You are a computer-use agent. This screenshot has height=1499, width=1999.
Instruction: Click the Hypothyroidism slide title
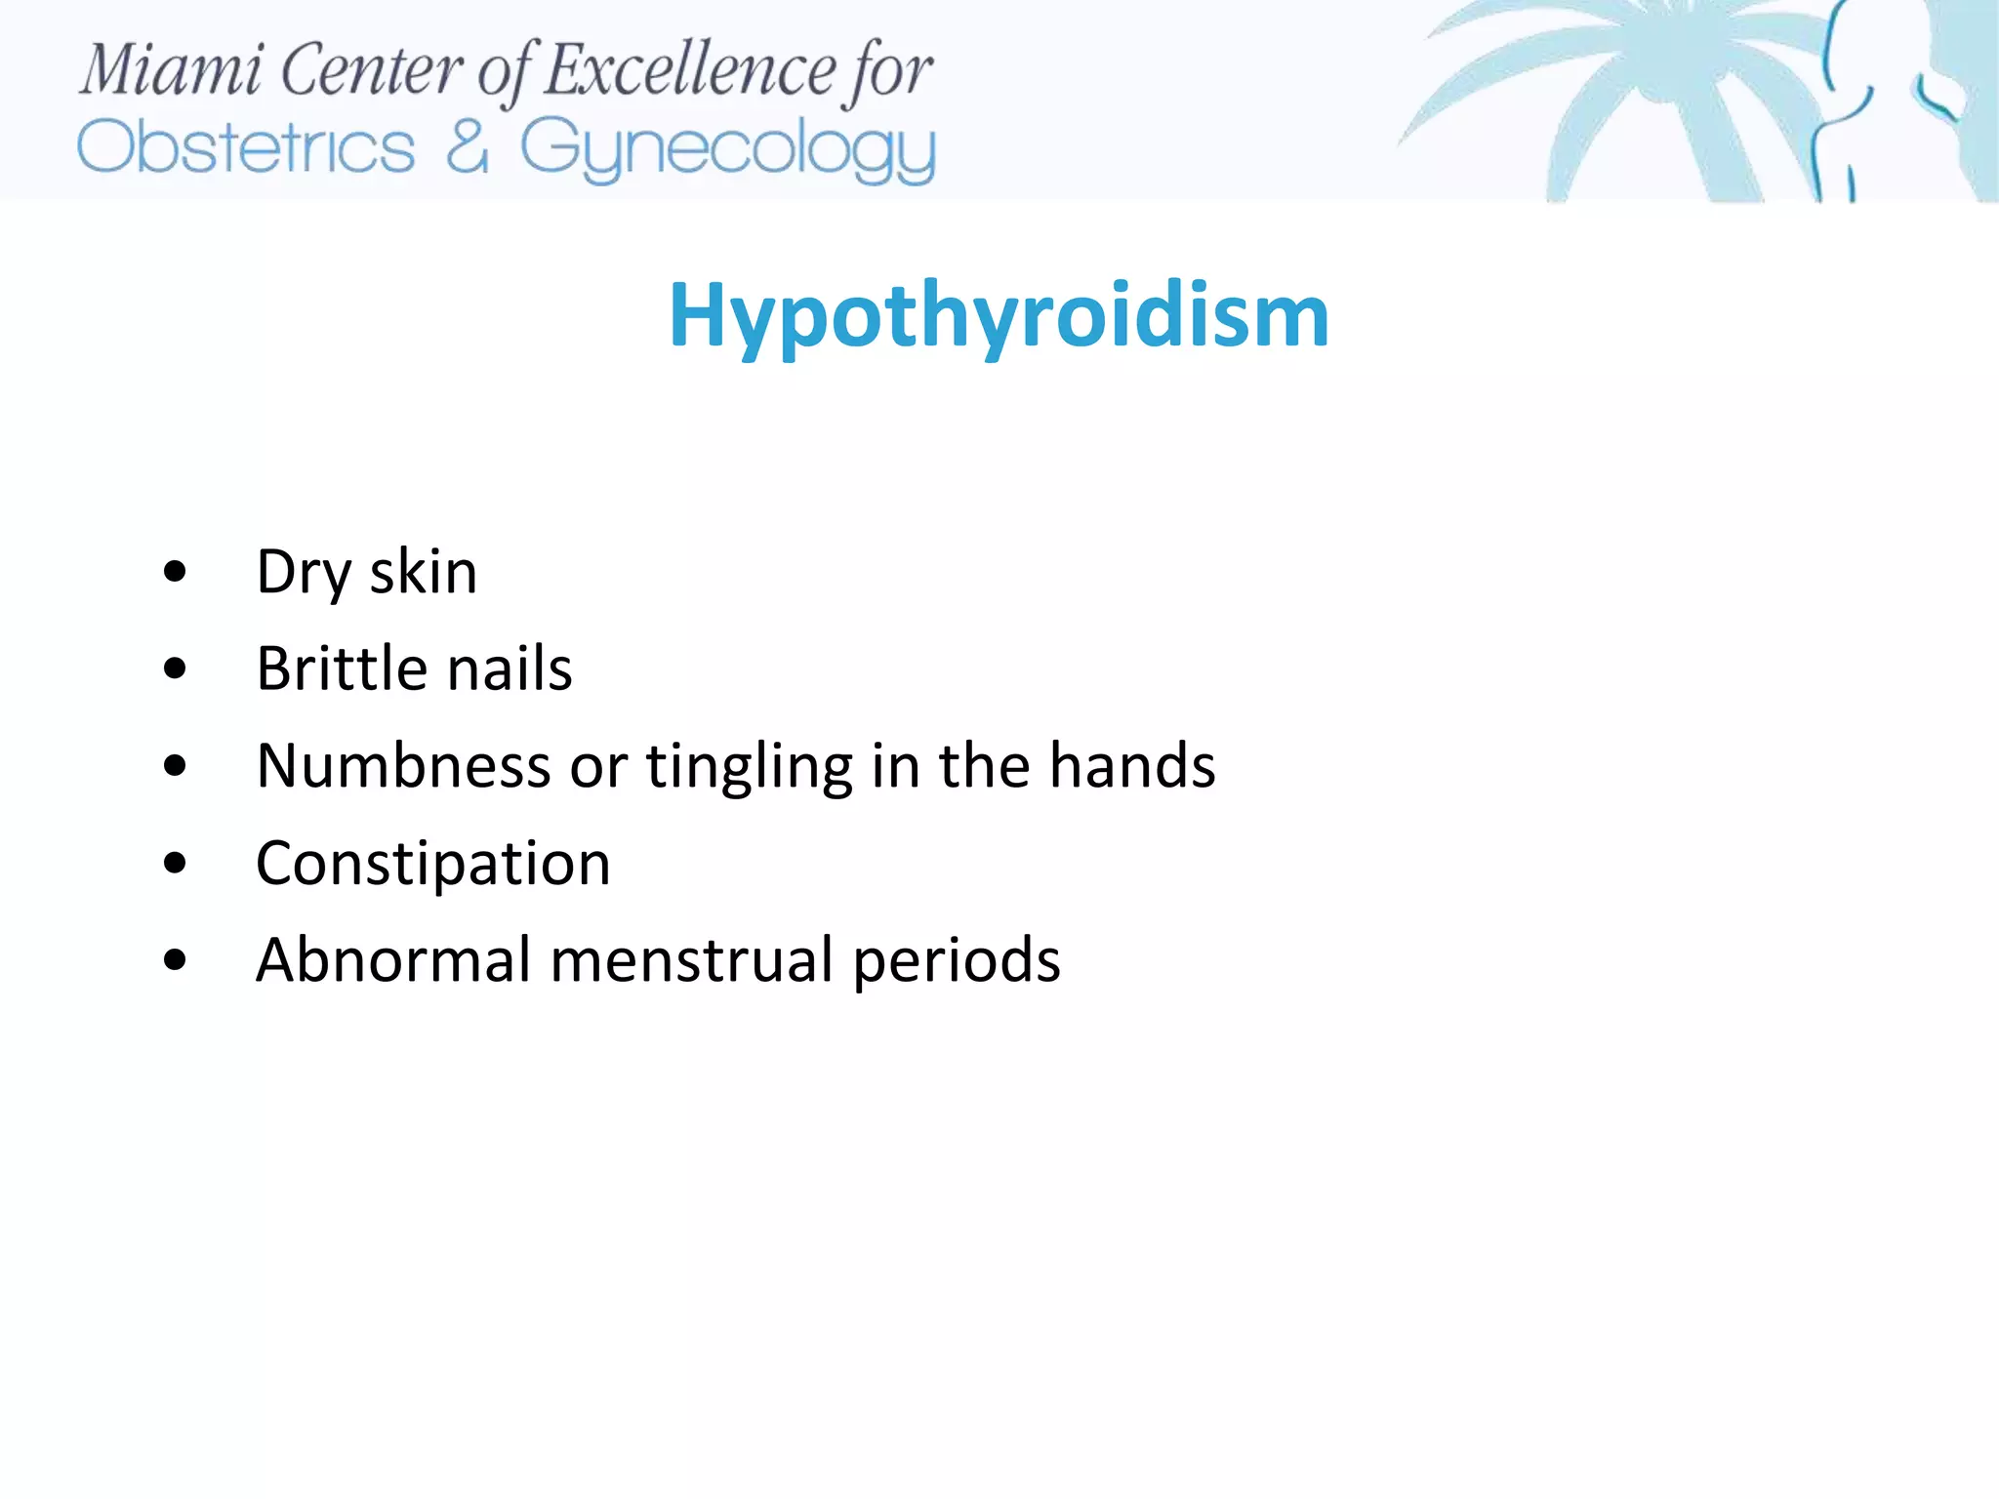999,316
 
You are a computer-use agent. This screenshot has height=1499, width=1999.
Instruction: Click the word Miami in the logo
171,70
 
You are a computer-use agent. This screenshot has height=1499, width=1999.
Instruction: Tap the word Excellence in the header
689,70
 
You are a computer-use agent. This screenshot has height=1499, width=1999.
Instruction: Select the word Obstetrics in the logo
246,148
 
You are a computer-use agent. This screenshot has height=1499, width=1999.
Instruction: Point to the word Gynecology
727,150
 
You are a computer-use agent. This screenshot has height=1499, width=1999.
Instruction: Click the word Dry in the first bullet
303,573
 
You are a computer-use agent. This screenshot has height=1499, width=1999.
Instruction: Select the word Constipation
433,865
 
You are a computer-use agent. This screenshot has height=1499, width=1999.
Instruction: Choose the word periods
957,962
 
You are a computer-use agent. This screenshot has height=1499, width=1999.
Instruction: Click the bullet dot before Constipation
175,864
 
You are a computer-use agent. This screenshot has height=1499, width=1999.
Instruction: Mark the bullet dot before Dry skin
175,572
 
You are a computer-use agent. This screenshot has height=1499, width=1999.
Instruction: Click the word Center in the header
372,70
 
